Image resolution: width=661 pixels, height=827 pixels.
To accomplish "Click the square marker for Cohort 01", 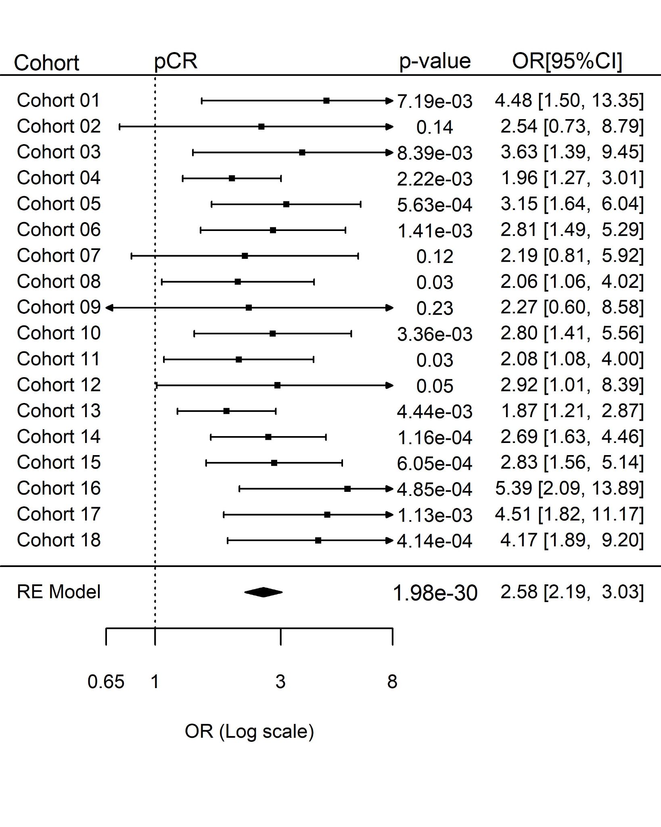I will pyautogui.click(x=326, y=101).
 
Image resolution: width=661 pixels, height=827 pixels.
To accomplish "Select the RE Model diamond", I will pyautogui.click(x=264, y=592).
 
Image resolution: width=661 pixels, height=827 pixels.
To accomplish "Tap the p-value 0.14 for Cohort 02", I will pyautogui.click(x=435, y=127).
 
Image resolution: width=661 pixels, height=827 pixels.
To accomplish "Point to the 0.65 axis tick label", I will pyautogui.click(x=106, y=682).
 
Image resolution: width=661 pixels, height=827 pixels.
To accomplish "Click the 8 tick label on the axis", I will pyautogui.click(x=392, y=682).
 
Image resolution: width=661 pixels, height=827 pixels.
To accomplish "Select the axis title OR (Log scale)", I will pyautogui.click(x=249, y=731).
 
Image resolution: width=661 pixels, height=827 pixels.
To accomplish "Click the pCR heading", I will pyautogui.click(x=176, y=61).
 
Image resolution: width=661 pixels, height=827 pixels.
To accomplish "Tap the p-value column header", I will pyautogui.click(x=435, y=61).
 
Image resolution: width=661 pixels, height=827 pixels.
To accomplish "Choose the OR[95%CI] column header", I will pyautogui.click(x=567, y=61).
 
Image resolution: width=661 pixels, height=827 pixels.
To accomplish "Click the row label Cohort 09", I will pyautogui.click(x=59, y=307).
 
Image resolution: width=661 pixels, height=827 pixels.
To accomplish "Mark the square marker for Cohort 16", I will pyautogui.click(x=347, y=489).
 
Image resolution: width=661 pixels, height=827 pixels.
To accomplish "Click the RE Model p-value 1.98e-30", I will pyautogui.click(x=435, y=593).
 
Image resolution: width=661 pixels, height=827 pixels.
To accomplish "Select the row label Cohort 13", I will pyautogui.click(x=59, y=411).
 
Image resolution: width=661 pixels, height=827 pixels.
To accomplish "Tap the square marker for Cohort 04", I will pyautogui.click(x=232, y=178).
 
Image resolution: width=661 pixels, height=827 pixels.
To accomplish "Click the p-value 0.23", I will pyautogui.click(x=435, y=308).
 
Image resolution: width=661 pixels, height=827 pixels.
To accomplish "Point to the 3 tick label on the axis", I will pyautogui.click(x=280, y=682).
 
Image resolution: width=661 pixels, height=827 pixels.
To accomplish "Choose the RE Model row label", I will pyautogui.click(x=59, y=592).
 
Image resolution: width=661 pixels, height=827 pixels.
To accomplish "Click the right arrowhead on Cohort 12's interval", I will pyautogui.click(x=389, y=385).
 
